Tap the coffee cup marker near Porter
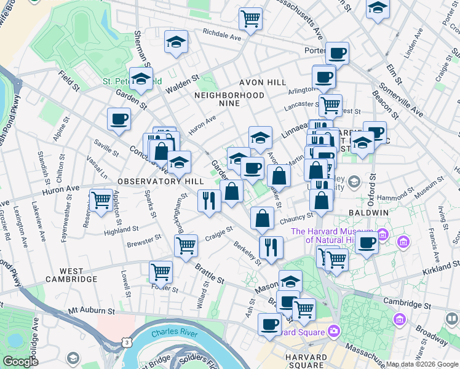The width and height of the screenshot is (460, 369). [336, 52]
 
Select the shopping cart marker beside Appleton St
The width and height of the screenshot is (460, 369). [101, 199]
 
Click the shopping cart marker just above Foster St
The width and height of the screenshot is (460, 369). [161, 271]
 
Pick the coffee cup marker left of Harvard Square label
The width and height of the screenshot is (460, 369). [269, 323]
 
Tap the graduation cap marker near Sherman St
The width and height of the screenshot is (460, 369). [176, 42]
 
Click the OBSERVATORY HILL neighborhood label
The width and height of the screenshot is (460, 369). [151, 181]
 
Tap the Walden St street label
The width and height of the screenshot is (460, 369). [182, 84]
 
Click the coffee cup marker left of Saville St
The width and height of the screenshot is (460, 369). [119, 119]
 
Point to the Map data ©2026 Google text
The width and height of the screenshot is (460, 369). [421, 364]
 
